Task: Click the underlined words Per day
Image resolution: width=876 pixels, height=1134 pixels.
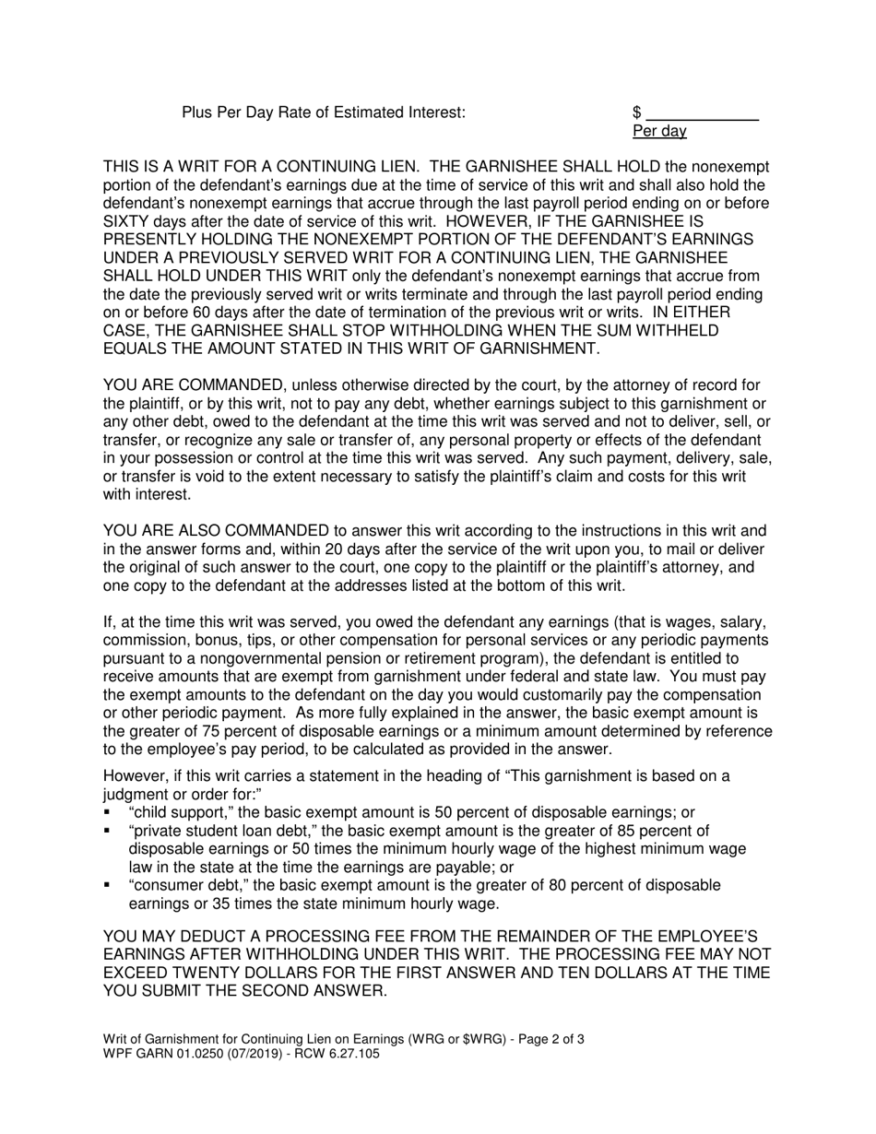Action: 659,131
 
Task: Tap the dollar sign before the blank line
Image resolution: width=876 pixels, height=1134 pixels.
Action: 636,112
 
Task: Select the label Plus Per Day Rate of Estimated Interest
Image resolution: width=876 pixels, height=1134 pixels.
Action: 324,112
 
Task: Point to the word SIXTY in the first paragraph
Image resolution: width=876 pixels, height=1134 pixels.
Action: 126,221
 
